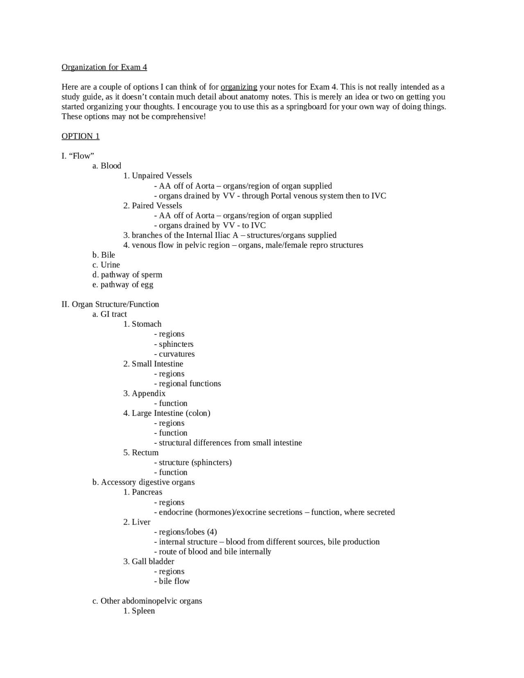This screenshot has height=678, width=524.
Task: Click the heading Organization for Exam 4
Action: [x=104, y=67]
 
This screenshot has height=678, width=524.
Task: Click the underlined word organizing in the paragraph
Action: [x=239, y=87]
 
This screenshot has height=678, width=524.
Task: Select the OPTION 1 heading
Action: [x=80, y=136]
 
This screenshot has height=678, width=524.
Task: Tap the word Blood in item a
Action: [x=111, y=166]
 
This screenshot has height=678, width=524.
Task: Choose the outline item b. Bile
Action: [x=104, y=255]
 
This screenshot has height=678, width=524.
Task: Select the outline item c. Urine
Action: [x=106, y=265]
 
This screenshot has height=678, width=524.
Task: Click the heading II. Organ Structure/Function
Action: [x=110, y=304]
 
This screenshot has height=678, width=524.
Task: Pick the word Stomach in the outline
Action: [x=147, y=324]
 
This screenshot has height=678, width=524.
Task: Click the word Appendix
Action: [x=149, y=393]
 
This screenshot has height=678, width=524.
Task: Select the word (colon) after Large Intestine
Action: [x=198, y=413]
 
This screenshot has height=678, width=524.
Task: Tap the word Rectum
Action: [x=145, y=452]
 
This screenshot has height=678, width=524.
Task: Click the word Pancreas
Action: [x=147, y=492]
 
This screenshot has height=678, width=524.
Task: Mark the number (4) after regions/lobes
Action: [x=212, y=532]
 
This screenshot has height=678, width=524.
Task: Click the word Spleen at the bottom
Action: [x=143, y=611]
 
